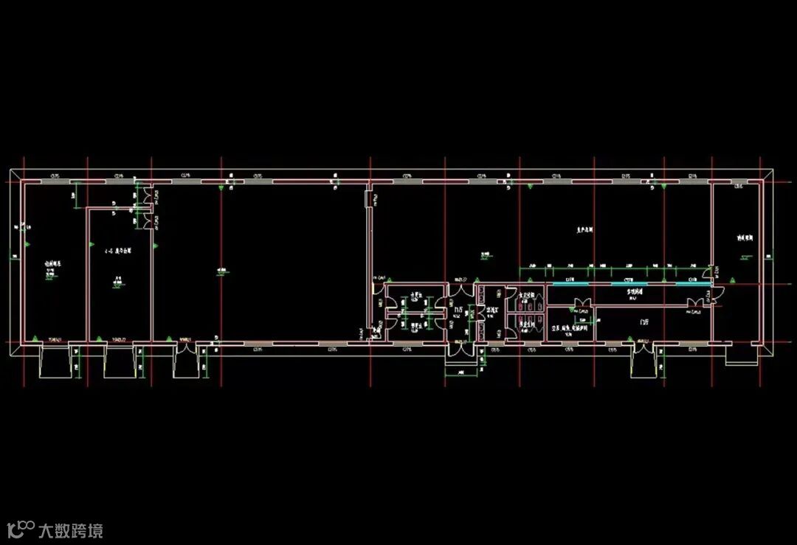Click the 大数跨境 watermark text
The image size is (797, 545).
click(x=71, y=530)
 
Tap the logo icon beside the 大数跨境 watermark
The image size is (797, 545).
click(x=21, y=529)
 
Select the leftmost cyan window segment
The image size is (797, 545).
click(x=568, y=285)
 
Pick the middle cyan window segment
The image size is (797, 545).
click(x=628, y=285)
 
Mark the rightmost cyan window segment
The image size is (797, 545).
click(x=692, y=285)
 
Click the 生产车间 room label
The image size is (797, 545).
click(x=585, y=230)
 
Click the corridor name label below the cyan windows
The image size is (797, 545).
click(x=635, y=293)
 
